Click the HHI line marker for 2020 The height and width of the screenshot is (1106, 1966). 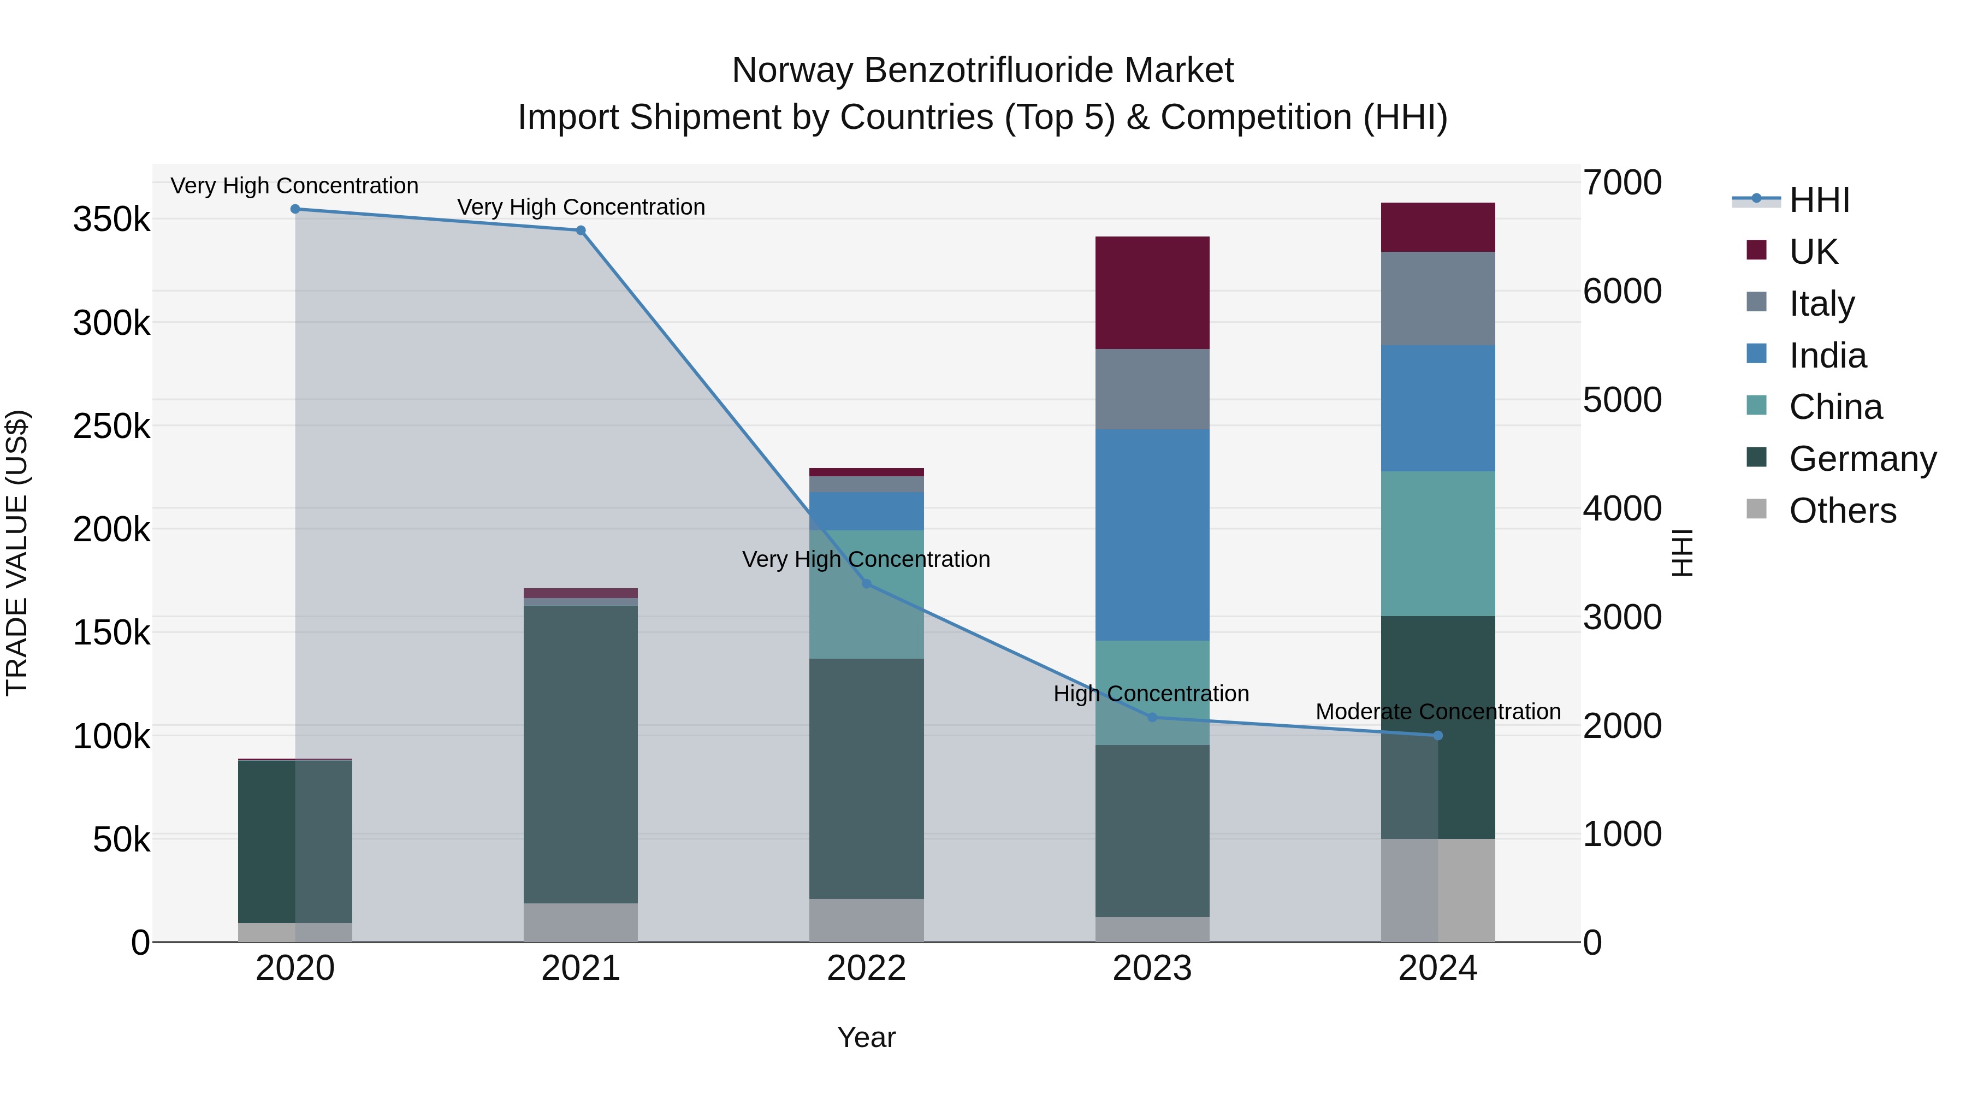point(295,209)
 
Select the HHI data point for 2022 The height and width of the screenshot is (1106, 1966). point(866,584)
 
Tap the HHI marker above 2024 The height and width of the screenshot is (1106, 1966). point(1438,736)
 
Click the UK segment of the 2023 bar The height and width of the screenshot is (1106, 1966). point(1152,293)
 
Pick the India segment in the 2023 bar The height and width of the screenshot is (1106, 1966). point(1152,534)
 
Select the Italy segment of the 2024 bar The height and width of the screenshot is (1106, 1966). point(1438,298)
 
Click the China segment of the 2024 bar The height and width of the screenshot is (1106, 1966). point(1438,543)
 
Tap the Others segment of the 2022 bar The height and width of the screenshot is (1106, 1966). point(866,920)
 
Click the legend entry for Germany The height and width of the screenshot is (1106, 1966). point(1862,459)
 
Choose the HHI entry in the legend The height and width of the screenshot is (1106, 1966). point(1819,200)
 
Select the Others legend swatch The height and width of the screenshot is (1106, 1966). point(1756,509)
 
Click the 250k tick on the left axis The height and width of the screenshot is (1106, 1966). point(111,427)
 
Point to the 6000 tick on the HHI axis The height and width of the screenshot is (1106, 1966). point(1622,292)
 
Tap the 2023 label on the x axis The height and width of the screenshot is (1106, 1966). point(1152,968)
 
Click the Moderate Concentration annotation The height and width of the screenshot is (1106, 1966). point(1438,711)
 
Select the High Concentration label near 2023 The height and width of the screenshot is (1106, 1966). point(1151,694)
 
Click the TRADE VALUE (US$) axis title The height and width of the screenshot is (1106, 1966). point(17,553)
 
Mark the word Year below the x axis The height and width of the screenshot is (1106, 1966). point(866,1037)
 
